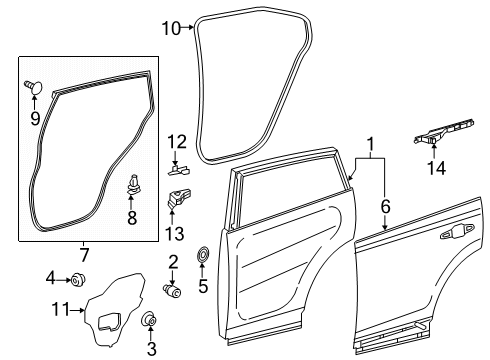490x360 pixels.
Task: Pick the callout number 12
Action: (176, 141)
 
